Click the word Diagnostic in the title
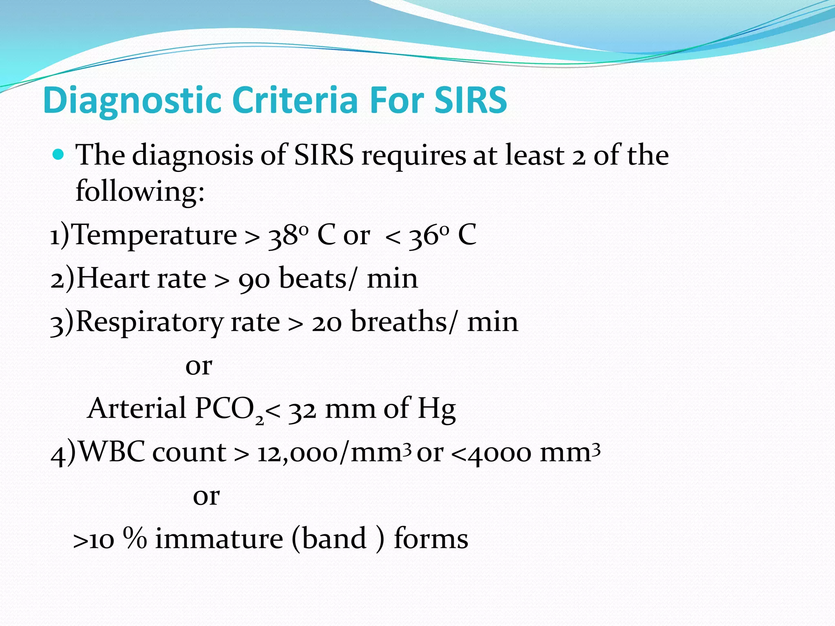[133, 101]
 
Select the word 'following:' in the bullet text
[140, 192]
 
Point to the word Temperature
[155, 235]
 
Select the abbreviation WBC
[111, 452]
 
